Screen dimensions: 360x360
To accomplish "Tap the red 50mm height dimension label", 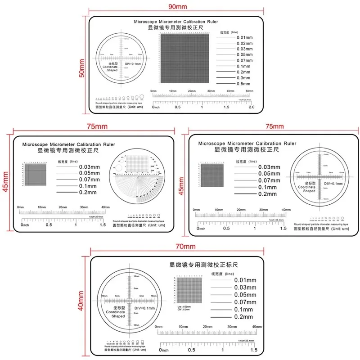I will [x=82, y=68].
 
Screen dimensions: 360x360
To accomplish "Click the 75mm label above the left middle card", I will [x=92, y=126].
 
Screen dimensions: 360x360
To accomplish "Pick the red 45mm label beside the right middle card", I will [x=182, y=185].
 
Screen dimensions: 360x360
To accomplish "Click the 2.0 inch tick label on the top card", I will [x=251, y=107].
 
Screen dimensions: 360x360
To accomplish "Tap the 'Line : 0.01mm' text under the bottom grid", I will [x=184, y=306].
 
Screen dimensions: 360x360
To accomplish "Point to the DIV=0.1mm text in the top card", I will [x=132, y=64].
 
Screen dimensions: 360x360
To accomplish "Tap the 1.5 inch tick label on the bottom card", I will [x=253, y=350].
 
